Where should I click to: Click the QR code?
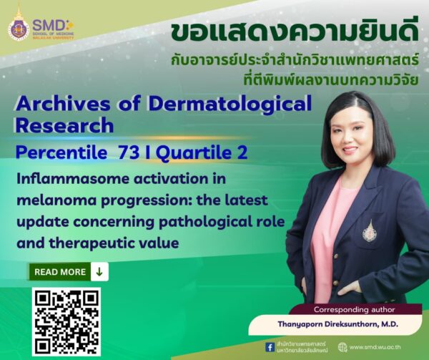pyautogui.click(x=66, y=322)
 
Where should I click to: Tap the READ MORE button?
pyautogui.click(x=60, y=272)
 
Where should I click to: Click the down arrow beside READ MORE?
pyautogui.click(x=99, y=272)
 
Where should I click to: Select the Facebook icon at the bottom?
pyautogui.click(x=269, y=347)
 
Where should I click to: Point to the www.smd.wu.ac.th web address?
pyautogui.click(x=379, y=347)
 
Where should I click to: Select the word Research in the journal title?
pyautogui.click(x=64, y=125)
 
